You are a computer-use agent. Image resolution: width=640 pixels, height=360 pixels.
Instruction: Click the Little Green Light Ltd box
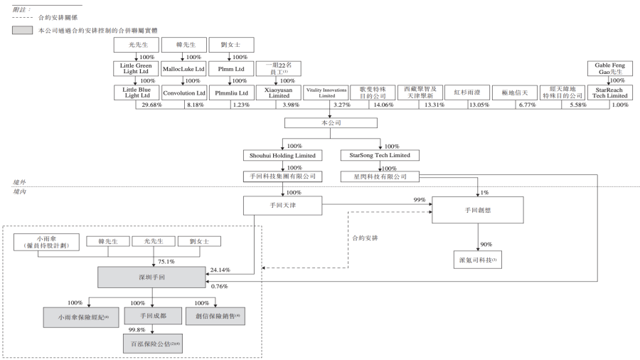point(133,69)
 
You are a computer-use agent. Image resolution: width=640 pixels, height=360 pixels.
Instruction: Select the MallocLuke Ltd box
point(183,69)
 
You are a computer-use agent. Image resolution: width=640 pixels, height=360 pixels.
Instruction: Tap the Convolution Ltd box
point(183,92)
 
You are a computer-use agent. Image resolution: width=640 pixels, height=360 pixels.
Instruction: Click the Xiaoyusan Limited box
point(278,92)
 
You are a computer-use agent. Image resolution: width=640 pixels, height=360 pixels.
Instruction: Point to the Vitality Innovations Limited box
point(326,92)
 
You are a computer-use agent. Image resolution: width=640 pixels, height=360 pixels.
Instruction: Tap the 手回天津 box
point(283,206)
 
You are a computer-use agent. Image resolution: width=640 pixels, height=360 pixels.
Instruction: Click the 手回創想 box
point(477,210)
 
